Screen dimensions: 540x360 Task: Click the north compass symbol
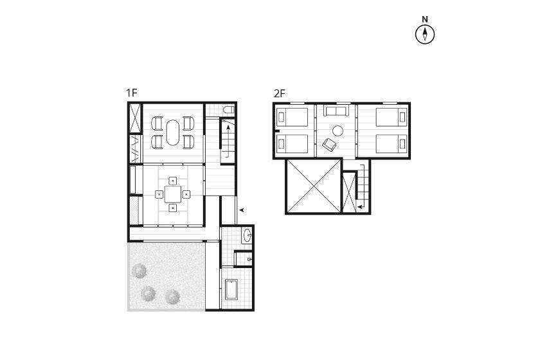[x=425, y=34]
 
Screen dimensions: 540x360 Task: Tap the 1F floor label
[x=132, y=93]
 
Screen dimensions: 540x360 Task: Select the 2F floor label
[x=280, y=93]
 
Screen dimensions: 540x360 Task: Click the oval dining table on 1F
[x=173, y=132]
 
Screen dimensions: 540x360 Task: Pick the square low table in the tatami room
[x=172, y=194]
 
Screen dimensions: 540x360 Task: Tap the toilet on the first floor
[x=229, y=110]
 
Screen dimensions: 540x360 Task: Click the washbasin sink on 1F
[x=248, y=236]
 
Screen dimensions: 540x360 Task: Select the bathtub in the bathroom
[x=231, y=290]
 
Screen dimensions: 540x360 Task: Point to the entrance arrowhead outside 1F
[x=242, y=210]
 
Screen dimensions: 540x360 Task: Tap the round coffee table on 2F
[x=337, y=131]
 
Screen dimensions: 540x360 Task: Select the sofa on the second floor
[x=336, y=110]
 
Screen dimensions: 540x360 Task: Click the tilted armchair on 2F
[x=329, y=145]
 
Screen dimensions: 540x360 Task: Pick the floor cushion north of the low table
[x=173, y=181]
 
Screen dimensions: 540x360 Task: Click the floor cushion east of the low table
[x=186, y=194]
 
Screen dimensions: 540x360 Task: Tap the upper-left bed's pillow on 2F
[x=282, y=118]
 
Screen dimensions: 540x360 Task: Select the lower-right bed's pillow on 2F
[x=402, y=143]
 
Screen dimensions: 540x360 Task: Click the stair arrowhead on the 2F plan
[x=359, y=207]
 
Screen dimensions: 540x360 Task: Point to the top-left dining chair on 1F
[x=157, y=123]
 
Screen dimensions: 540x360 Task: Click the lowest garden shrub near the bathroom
[x=172, y=296]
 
